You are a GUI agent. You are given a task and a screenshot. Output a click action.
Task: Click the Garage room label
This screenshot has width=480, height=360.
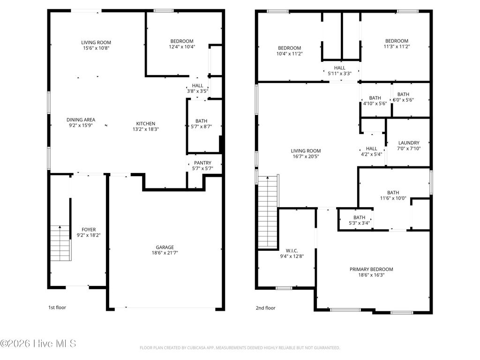coord(165,247)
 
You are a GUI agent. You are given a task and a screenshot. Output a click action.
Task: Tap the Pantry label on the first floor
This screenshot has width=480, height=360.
coord(202,163)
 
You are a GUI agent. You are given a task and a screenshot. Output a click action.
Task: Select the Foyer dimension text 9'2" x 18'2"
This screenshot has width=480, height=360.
coord(89,235)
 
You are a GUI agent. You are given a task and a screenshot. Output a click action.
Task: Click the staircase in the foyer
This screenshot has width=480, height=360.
coord(60,243)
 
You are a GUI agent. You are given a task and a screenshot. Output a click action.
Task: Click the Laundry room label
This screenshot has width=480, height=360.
coord(409,143)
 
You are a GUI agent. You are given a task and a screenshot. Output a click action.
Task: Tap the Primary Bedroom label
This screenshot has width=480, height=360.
coord(371,269)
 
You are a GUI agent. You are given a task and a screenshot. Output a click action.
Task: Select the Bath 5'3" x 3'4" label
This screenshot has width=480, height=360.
coord(359,217)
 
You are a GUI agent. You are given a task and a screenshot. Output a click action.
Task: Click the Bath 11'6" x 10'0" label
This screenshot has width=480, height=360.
coord(393,193)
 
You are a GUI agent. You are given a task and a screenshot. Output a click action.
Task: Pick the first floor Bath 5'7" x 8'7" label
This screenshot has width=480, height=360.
coord(201,121)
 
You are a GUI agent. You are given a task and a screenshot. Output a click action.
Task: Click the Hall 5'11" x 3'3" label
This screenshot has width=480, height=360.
coord(339,68)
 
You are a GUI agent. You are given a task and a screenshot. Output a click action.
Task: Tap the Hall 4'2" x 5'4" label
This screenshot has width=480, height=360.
coord(371,149)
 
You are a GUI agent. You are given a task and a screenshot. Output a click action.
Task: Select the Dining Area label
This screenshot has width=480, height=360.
coord(81,120)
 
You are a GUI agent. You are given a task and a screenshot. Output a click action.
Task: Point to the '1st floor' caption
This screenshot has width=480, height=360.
coord(57,308)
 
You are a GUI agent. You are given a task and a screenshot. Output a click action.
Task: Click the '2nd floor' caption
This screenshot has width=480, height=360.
coord(265,308)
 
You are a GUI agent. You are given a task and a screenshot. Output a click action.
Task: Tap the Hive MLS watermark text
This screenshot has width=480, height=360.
coord(38,344)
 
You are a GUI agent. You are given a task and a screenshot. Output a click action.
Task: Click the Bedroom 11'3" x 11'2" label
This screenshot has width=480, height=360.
coord(397,41)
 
